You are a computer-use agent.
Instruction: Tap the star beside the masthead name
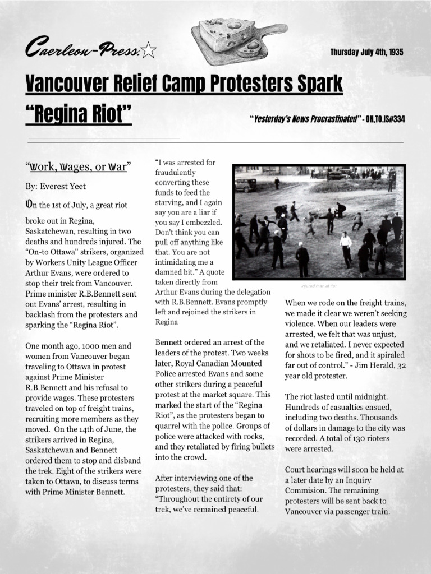point(149,52)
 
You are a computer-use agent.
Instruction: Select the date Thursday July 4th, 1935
point(366,53)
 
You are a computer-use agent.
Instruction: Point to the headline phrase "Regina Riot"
point(79,114)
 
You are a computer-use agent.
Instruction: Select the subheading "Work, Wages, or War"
point(78,167)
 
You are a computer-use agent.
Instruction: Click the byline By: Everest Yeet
point(56,186)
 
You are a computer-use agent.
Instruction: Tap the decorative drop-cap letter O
point(29,205)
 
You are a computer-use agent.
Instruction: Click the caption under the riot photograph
point(318,285)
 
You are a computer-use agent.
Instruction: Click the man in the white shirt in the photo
point(346,243)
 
